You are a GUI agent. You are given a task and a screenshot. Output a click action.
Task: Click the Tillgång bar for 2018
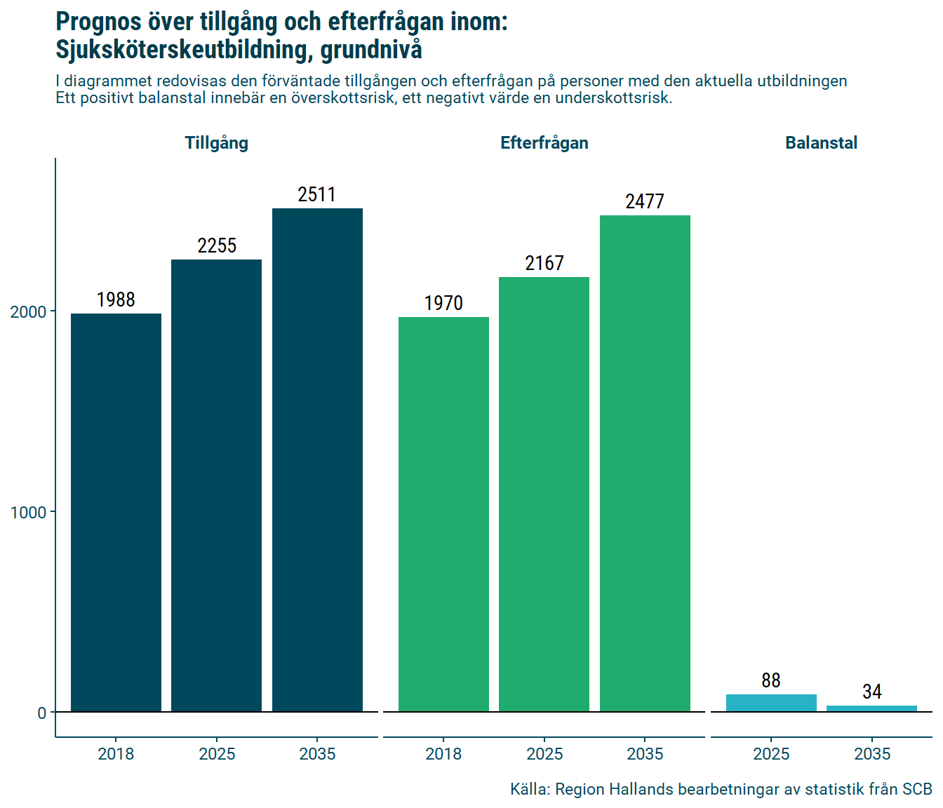116,512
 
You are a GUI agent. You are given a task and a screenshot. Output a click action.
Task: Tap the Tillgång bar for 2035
317,460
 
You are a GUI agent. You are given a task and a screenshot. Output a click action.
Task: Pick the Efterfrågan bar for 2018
443,514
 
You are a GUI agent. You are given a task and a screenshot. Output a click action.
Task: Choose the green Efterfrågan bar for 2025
544,494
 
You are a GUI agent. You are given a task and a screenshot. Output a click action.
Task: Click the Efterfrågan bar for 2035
645,464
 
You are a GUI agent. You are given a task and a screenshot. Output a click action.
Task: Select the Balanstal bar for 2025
771,703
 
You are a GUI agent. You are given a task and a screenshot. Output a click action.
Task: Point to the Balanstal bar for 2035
871,708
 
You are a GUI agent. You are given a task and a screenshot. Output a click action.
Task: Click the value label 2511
317,194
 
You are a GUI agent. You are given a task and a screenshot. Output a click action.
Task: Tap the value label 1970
443,303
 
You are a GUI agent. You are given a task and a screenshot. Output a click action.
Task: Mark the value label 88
771,680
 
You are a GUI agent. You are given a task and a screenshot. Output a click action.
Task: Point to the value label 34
871,692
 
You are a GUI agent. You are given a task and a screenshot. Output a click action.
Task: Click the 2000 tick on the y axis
28,311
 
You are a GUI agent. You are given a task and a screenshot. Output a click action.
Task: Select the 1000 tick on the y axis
28,512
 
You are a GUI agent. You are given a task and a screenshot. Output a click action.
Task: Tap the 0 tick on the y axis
42,713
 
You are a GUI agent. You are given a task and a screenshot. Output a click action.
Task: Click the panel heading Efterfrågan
544,143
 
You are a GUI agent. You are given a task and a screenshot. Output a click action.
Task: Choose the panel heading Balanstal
821,143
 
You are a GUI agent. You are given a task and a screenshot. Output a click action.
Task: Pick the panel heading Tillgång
216,143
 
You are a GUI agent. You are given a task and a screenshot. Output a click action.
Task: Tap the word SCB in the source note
917,789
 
